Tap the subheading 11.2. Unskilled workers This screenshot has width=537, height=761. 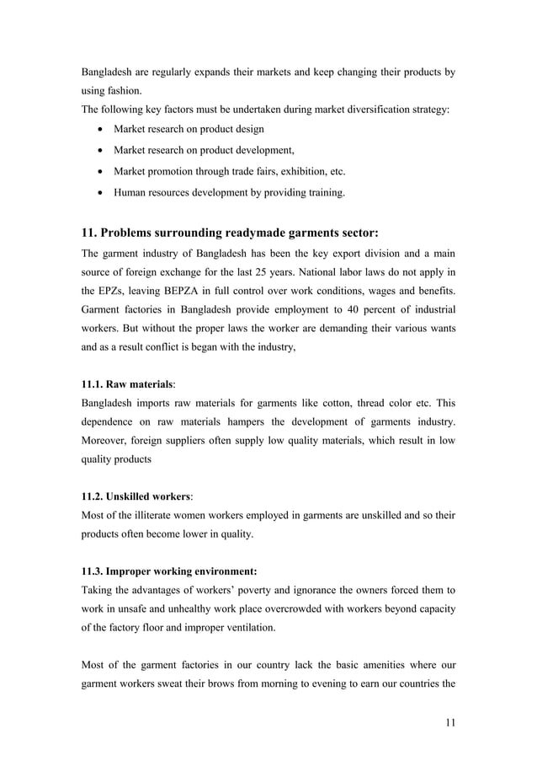pyautogui.click(x=136, y=496)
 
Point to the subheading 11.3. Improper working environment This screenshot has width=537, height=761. pyautogui.click(x=163, y=571)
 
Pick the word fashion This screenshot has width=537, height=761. pyautogui.click(x=121, y=91)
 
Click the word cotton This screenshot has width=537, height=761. pyautogui.click(x=308, y=402)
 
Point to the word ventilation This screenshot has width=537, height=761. pyautogui.click(x=269, y=627)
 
